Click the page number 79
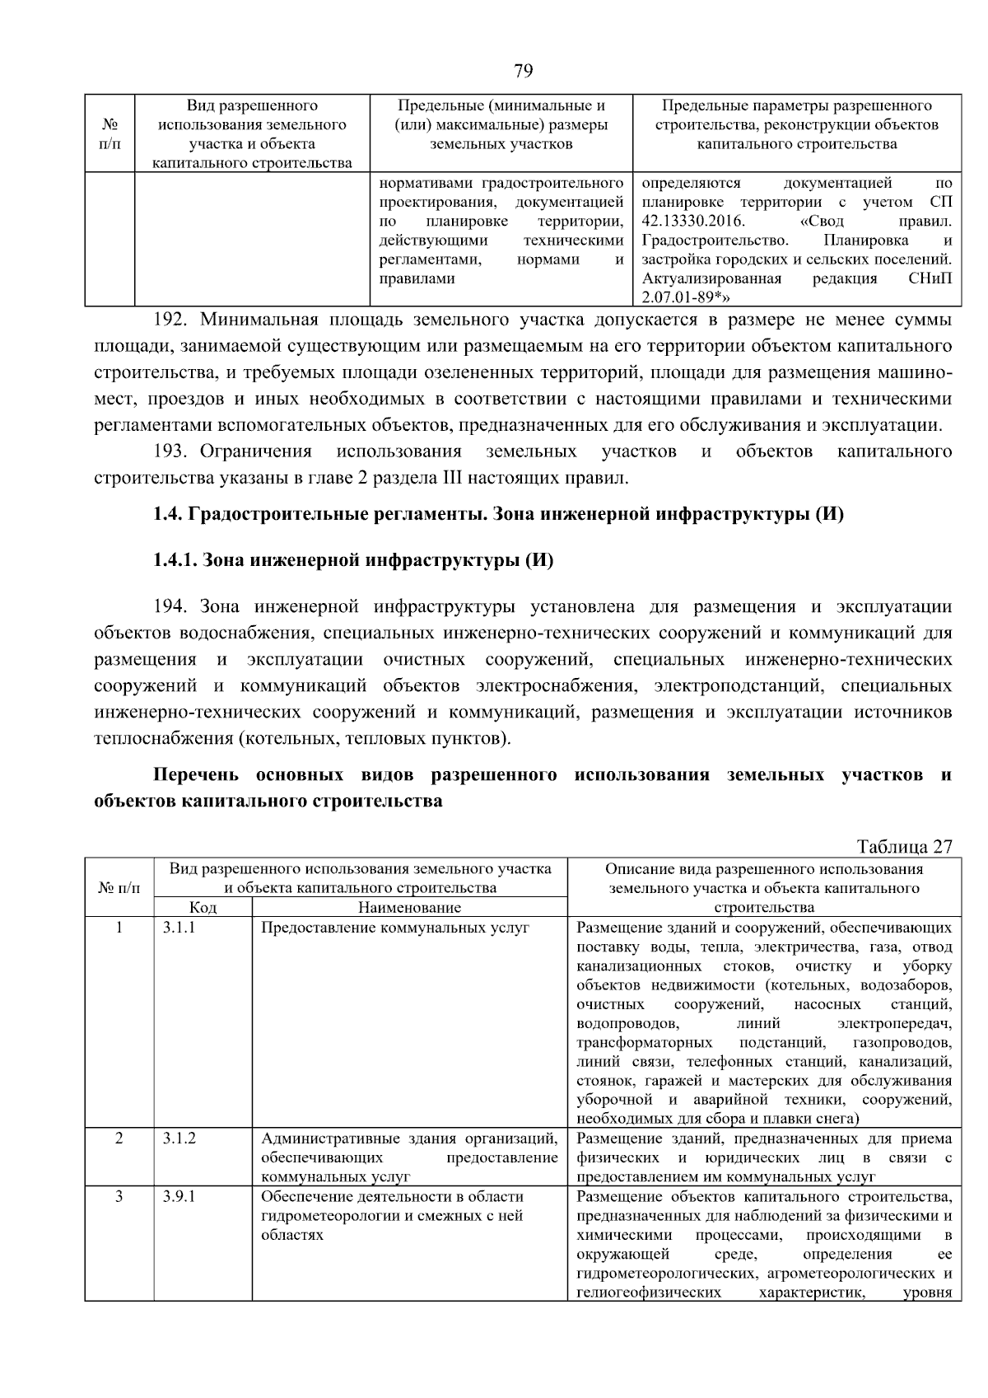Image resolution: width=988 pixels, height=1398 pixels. (x=523, y=71)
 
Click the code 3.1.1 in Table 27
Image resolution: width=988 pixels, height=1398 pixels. (x=179, y=927)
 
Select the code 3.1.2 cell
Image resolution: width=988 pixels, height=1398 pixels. (x=179, y=1139)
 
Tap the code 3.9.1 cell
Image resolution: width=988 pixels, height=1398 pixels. (x=179, y=1196)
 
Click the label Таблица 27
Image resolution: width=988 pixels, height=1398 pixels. (x=904, y=847)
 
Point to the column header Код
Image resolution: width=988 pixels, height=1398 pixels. (x=203, y=907)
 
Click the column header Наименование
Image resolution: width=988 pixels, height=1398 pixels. (x=409, y=907)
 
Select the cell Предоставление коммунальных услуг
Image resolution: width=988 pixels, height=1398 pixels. (x=394, y=928)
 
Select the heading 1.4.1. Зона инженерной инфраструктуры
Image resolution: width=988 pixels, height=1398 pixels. (x=352, y=561)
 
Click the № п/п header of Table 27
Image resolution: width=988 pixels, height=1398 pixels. (x=119, y=887)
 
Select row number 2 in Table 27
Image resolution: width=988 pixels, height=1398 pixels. (x=119, y=1139)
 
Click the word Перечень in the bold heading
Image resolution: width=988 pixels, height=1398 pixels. (x=196, y=775)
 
